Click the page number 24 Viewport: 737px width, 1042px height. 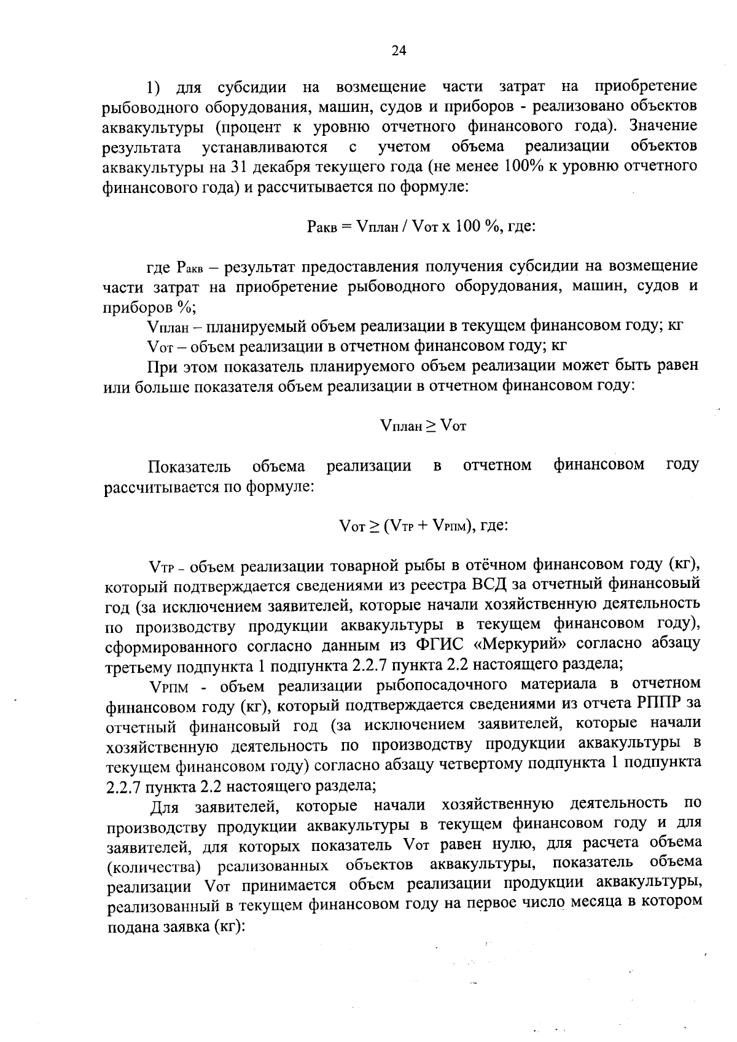click(x=399, y=51)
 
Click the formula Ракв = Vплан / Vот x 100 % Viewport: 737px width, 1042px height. click(x=421, y=227)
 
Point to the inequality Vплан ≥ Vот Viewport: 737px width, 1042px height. click(x=423, y=425)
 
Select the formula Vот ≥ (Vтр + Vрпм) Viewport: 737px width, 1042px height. click(x=423, y=525)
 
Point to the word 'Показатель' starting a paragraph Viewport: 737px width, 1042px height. click(x=189, y=466)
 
